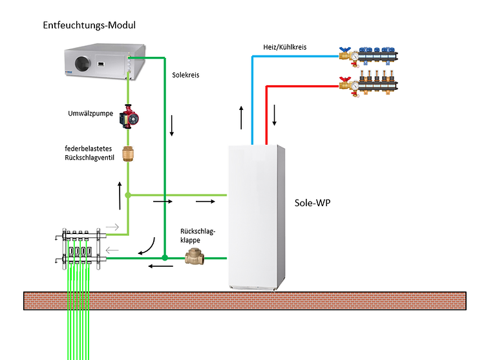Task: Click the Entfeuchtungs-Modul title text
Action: [89, 25]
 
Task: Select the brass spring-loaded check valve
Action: [128, 154]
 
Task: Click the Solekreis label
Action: [185, 75]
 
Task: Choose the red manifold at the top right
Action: [369, 85]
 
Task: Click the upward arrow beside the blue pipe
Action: [241, 117]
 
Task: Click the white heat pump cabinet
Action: [257, 217]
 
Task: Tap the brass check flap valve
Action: [193, 257]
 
